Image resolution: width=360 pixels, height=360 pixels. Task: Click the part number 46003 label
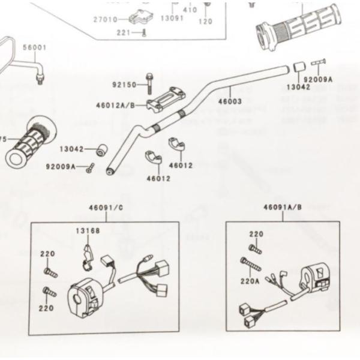click(229, 101)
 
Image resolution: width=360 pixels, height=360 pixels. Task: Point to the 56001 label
click(34, 47)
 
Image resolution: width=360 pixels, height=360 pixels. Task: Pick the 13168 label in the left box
click(88, 231)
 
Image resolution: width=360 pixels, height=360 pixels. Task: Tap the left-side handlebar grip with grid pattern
click(30, 142)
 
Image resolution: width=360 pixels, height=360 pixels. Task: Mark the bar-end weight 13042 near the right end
click(299, 67)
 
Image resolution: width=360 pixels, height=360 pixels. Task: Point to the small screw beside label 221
click(143, 33)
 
